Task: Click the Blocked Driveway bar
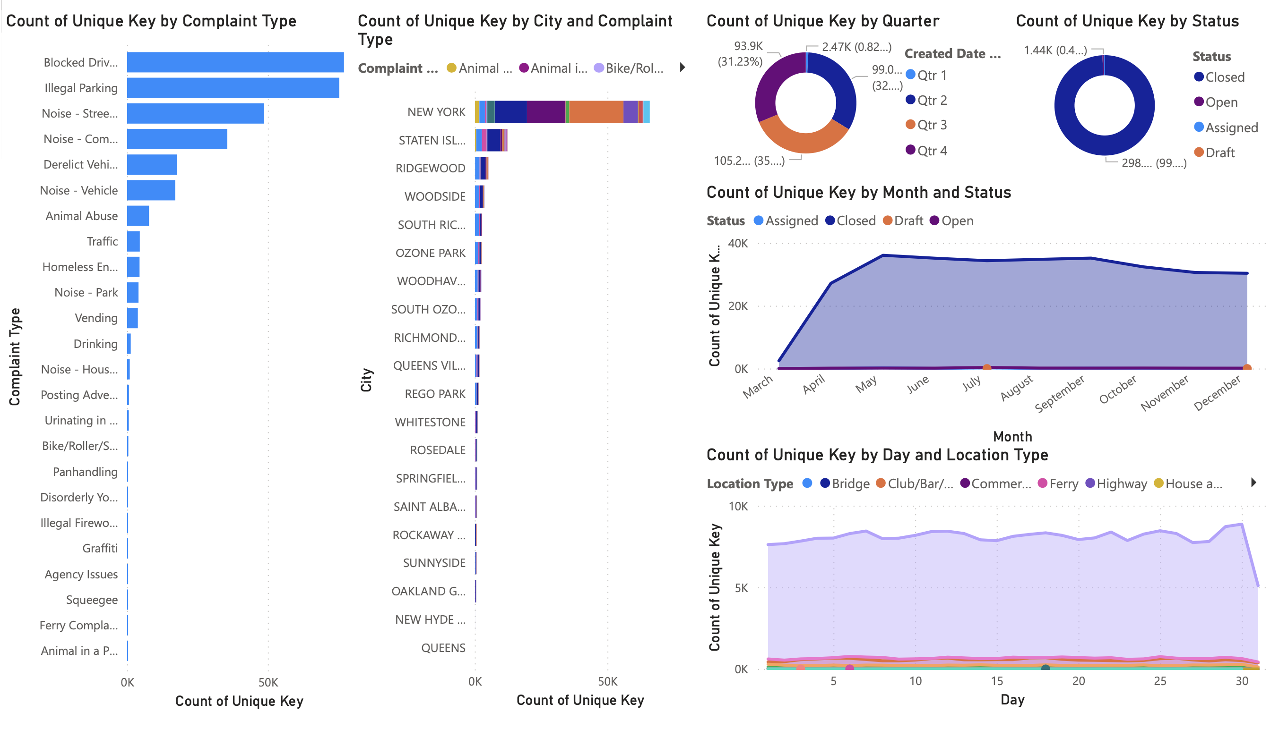pos(235,62)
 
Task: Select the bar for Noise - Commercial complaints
pos(177,139)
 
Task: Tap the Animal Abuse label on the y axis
pos(82,216)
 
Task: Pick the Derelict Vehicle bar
pos(152,164)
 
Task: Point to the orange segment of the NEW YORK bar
pos(596,111)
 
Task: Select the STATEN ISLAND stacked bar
pos(491,140)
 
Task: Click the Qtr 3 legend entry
pos(931,125)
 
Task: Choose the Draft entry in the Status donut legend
pos(1219,153)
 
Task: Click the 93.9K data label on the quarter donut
pos(748,46)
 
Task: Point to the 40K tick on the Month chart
pos(738,243)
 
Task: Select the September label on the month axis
pos(1059,394)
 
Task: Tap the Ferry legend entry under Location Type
pos(1063,483)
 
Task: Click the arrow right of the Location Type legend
pos(1253,483)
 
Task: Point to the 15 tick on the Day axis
pos(997,681)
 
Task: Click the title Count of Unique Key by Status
pos(1127,21)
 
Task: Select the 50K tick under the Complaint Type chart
pos(268,682)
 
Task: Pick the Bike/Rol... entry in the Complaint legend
pos(633,68)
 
